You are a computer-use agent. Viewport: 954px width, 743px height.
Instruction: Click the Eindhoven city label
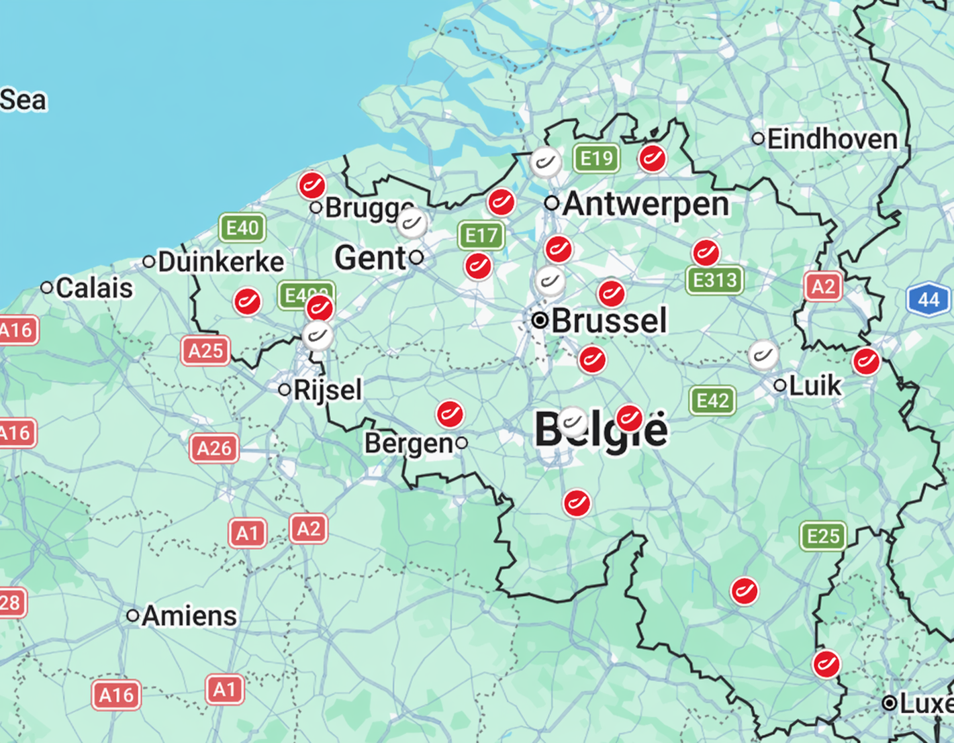[x=832, y=140]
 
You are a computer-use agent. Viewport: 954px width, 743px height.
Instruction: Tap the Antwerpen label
[x=645, y=203]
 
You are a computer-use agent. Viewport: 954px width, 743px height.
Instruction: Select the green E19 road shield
[x=596, y=158]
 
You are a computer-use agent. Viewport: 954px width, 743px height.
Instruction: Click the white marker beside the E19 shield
[x=545, y=162]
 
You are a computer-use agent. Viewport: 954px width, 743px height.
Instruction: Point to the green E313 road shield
[x=714, y=280]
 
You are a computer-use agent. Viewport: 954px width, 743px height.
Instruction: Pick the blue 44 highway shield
[x=928, y=299]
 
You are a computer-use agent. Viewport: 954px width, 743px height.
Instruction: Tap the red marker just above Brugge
[x=312, y=185]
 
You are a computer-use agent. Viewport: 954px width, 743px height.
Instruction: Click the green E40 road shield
[x=242, y=228]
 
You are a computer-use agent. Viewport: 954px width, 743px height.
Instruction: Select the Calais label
[x=94, y=288]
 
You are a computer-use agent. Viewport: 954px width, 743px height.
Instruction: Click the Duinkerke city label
[x=221, y=262]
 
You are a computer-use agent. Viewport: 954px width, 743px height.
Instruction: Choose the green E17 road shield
[x=481, y=236]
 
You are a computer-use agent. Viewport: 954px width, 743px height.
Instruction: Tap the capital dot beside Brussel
[x=540, y=320]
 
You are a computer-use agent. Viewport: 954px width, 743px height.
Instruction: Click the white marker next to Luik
[x=763, y=354]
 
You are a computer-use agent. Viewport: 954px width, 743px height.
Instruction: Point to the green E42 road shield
[x=712, y=401]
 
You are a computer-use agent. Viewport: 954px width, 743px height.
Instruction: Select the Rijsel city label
[x=328, y=389]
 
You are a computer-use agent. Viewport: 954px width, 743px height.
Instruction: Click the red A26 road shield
[x=214, y=448]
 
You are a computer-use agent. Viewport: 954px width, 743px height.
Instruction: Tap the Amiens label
[x=189, y=615]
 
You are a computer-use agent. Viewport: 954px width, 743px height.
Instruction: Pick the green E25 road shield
[x=823, y=536]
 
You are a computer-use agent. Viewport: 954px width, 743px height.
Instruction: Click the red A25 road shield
[x=205, y=350]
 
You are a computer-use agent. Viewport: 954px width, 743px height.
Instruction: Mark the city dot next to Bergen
[x=461, y=443]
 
